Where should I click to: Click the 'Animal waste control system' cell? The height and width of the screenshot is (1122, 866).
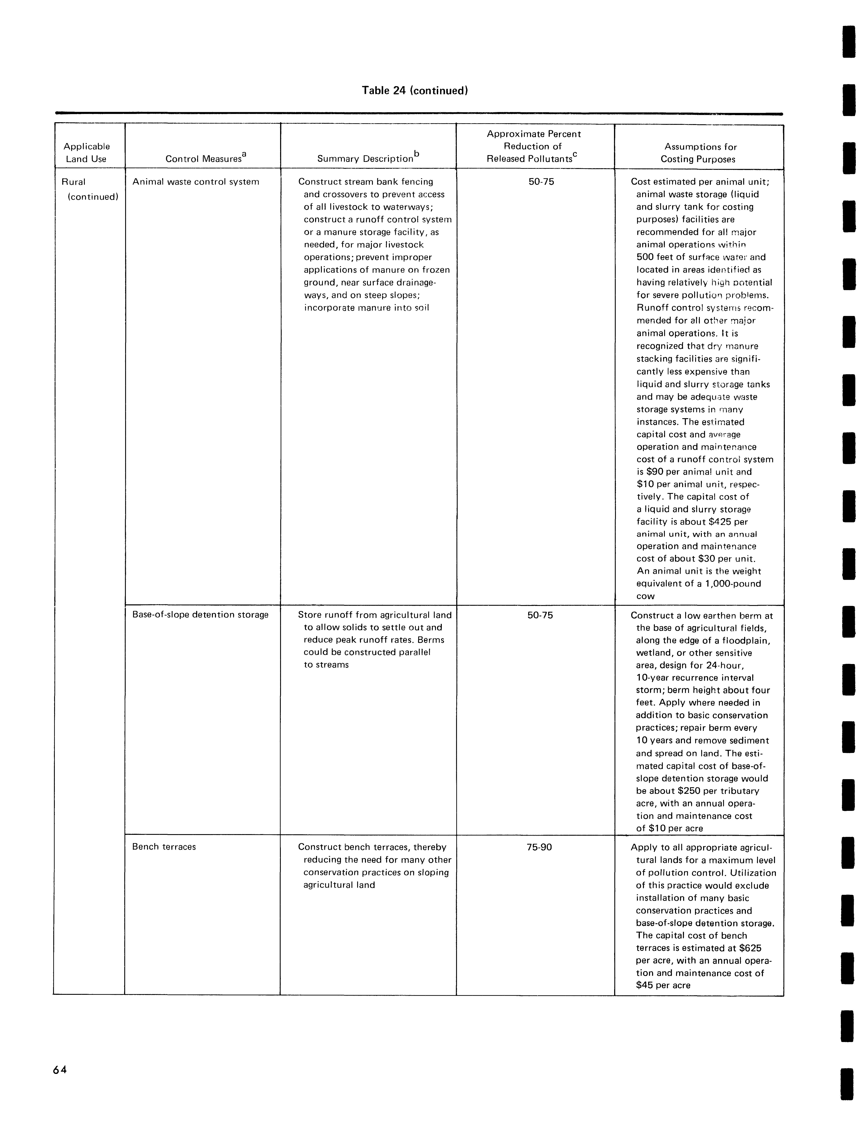tap(196, 182)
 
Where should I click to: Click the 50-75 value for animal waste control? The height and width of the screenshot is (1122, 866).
tap(541, 182)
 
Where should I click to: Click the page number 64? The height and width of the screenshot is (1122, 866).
tap(60, 1070)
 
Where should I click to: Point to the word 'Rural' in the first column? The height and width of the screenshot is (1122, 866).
tap(73, 182)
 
